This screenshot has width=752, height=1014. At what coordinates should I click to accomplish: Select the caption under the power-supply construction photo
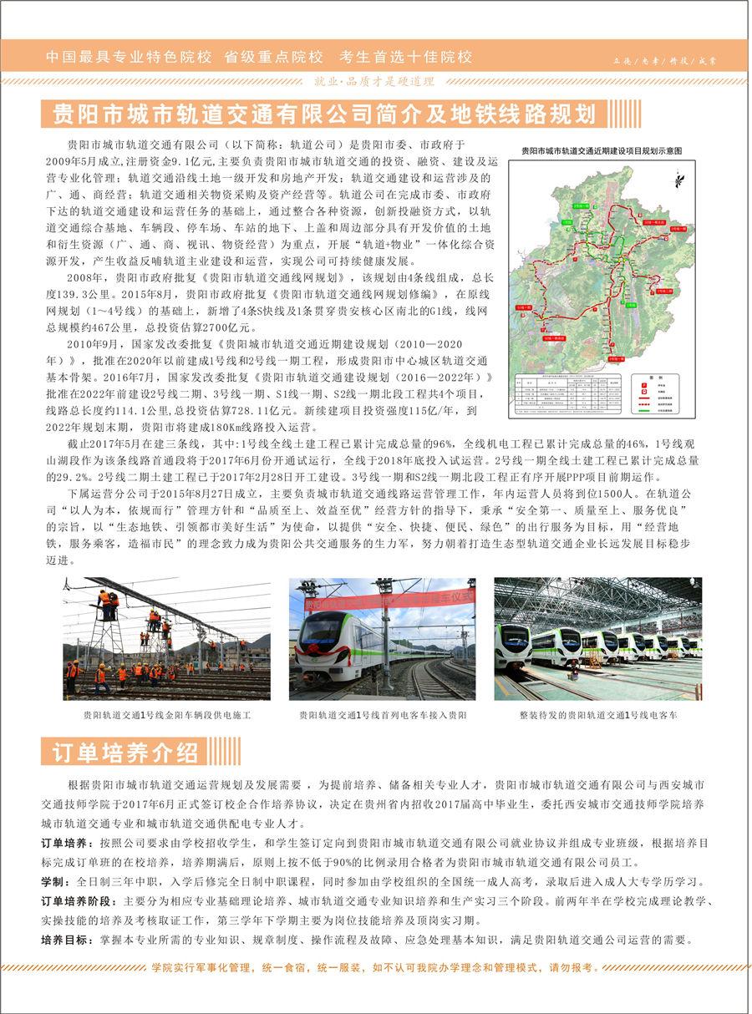click(166, 716)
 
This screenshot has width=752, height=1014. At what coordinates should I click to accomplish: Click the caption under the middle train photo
click(382, 716)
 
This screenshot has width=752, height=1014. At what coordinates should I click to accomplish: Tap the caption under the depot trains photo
click(597, 716)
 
